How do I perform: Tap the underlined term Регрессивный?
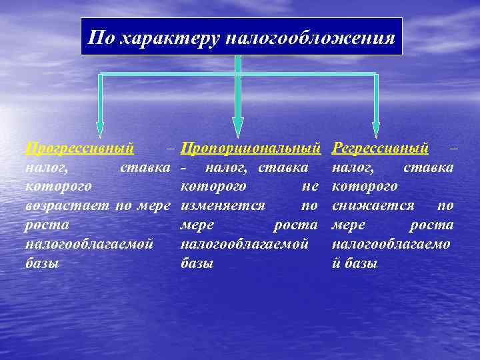[x=380, y=147]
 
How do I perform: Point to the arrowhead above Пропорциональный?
[x=238, y=127]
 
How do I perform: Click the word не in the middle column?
[x=309, y=186]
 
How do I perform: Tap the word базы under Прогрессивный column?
[x=42, y=263]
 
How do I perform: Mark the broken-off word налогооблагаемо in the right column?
[x=391, y=244]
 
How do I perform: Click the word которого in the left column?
[x=58, y=186]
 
